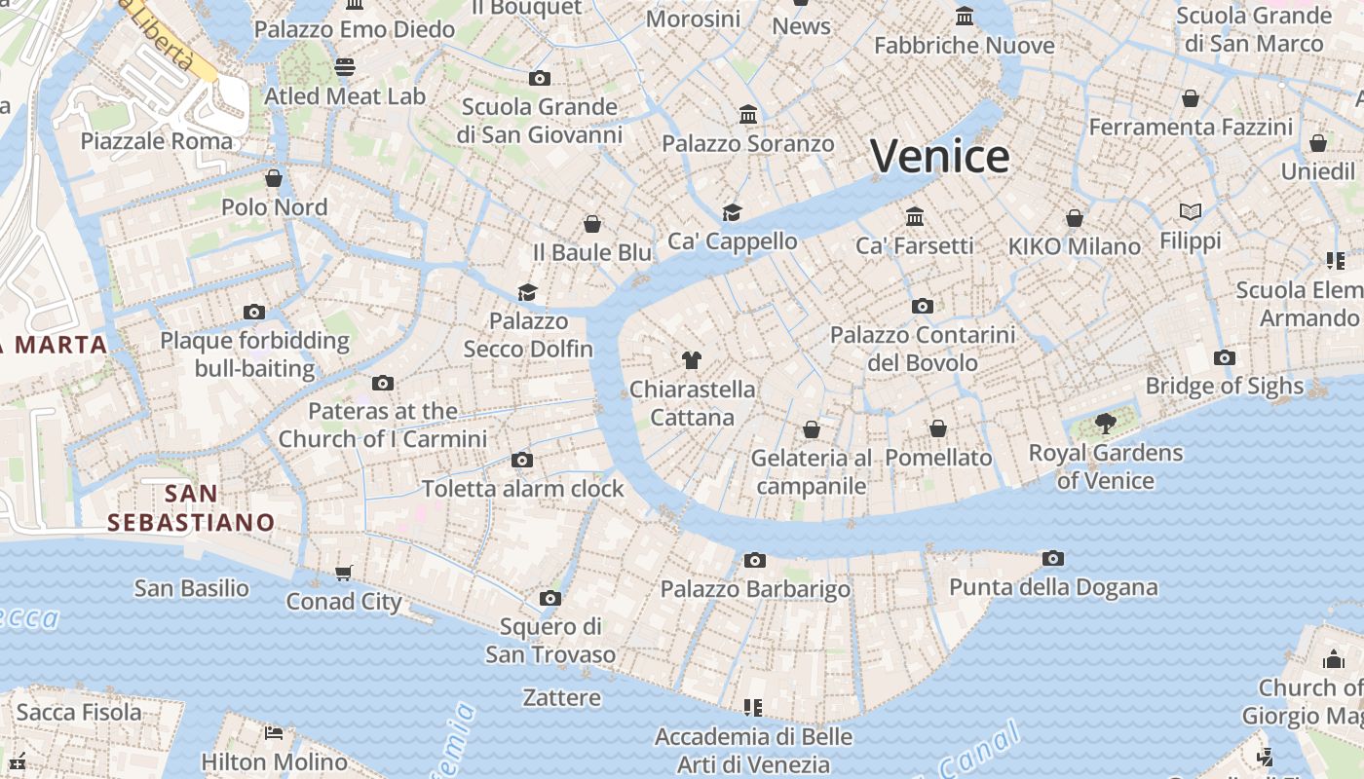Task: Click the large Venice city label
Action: (x=939, y=156)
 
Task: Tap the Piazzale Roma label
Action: (x=157, y=141)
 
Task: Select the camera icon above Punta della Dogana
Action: (x=1052, y=559)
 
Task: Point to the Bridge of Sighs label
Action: (x=1224, y=386)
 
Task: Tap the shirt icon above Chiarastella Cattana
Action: (x=692, y=360)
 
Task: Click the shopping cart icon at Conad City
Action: (x=343, y=573)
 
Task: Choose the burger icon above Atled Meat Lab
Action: (x=345, y=66)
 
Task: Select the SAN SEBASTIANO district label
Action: (x=191, y=507)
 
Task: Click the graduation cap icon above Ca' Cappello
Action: (x=732, y=212)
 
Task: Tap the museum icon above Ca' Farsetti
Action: (x=914, y=216)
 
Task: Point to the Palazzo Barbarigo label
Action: (x=755, y=589)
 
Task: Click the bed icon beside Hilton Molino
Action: (x=274, y=732)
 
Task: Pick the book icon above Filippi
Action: (x=1190, y=211)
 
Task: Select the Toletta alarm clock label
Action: (x=522, y=489)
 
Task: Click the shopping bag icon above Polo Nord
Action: (x=274, y=178)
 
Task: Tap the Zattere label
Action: (x=562, y=697)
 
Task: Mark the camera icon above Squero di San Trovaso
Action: (x=550, y=598)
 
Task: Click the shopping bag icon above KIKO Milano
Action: (x=1074, y=218)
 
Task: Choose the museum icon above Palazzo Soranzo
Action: (x=748, y=115)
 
